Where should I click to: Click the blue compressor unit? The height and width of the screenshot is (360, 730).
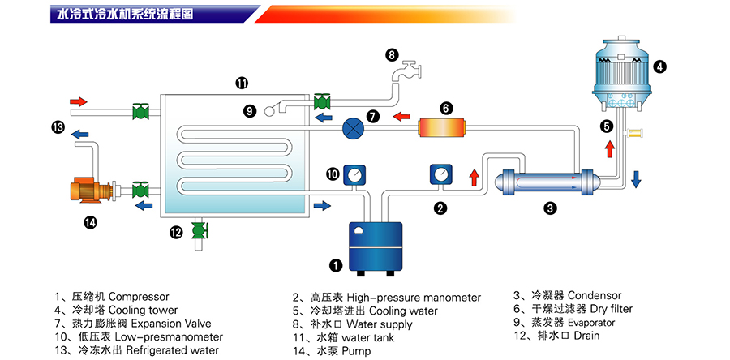pyautogui.click(x=376, y=247)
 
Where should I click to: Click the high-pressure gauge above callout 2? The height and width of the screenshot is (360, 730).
pyautogui.click(x=440, y=176)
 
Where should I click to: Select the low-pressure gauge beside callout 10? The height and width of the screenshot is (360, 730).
pyautogui.click(x=354, y=175)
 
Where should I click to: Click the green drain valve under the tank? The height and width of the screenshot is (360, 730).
pyautogui.click(x=197, y=232)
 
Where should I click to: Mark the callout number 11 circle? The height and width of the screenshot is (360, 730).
pyautogui.click(x=242, y=82)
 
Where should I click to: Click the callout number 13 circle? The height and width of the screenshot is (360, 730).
pyautogui.click(x=58, y=126)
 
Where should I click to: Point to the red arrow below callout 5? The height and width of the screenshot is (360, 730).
pyautogui.click(x=608, y=150)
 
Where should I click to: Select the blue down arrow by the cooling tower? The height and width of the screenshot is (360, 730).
pyautogui.click(x=636, y=178)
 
